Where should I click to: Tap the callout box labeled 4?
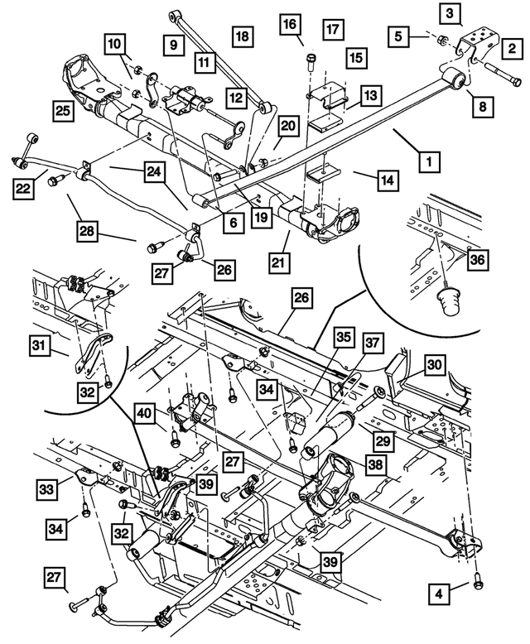pyautogui.click(x=439, y=592)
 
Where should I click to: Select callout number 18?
pyautogui.click(x=242, y=36)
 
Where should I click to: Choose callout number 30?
pyautogui.click(x=436, y=364)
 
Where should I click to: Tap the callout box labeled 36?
pyautogui.click(x=477, y=259)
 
